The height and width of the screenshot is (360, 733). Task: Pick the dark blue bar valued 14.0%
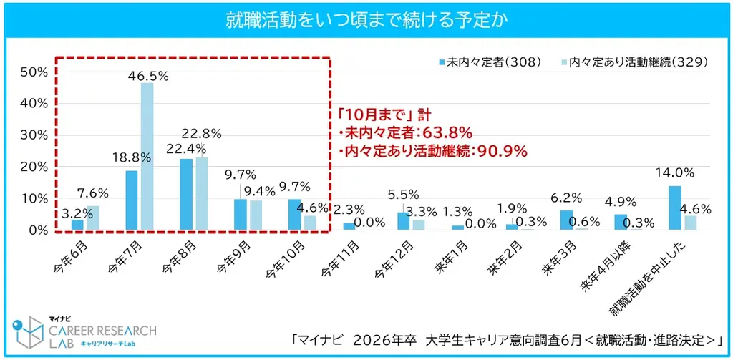(675, 208)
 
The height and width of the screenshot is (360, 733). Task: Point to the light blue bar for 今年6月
(92, 218)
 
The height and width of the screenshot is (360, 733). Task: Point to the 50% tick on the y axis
(34, 72)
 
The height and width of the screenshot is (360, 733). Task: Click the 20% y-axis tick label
(34, 167)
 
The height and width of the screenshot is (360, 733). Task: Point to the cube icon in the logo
(29, 331)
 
